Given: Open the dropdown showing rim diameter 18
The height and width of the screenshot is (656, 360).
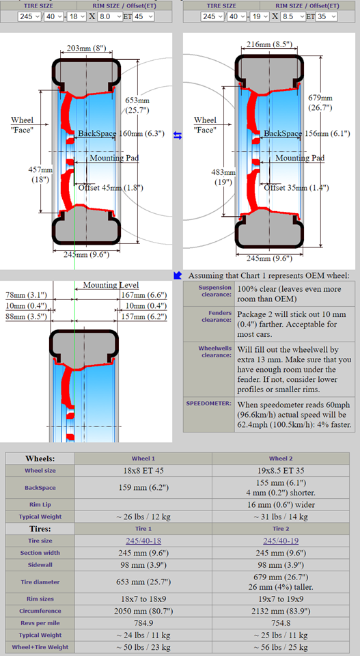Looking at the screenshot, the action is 77,16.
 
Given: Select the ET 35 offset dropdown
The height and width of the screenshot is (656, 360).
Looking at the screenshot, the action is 327,16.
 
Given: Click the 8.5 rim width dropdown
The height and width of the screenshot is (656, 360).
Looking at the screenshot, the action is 292,16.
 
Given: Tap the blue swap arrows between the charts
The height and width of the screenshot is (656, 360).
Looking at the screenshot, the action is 178,135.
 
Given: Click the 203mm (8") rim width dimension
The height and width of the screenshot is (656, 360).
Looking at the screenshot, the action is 87,49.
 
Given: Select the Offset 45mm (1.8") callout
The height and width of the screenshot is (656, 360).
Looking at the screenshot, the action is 111,188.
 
